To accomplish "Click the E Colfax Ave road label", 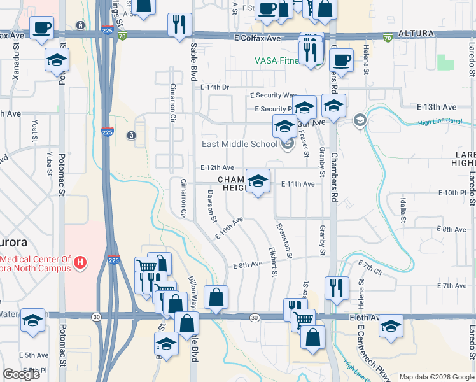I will coord(257,39).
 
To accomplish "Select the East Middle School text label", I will coord(239,145).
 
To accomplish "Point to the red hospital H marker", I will coord(80,262).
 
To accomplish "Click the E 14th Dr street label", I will coord(214,87).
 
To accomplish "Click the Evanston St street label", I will coord(284,240).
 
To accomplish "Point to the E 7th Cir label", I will coord(370,265).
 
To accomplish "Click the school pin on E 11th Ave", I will coord(258,181).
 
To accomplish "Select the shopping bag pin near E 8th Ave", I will coord(216,298).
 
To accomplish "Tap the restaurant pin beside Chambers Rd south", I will coord(336,288).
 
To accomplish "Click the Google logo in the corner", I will coord(21,374).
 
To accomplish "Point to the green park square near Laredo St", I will coord(445,62).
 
